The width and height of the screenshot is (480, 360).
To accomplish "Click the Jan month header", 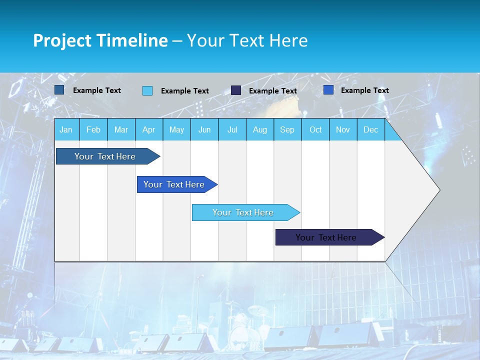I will pyautogui.click(x=66, y=130).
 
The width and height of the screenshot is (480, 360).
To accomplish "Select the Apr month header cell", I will pyautogui.click(x=149, y=130).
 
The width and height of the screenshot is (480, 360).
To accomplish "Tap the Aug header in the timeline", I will pyautogui.click(x=259, y=130).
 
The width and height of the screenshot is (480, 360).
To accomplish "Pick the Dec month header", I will pyautogui.click(x=370, y=130).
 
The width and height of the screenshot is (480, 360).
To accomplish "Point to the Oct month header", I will pyautogui.click(x=315, y=130).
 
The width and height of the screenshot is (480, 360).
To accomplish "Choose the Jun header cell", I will pyautogui.click(x=204, y=130).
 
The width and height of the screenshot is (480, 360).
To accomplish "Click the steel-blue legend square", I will pyautogui.click(x=59, y=90).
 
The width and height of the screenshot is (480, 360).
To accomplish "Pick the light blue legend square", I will pyautogui.click(x=147, y=90).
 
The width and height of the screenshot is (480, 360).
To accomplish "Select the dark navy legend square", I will pyautogui.click(x=236, y=90).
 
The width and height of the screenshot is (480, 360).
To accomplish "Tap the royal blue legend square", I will pyautogui.click(x=328, y=90).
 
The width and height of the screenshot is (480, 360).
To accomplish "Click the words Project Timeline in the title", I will pyautogui.click(x=100, y=40).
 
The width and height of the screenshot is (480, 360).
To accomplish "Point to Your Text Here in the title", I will pyautogui.click(x=247, y=40).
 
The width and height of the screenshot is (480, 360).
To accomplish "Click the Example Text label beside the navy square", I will pyautogui.click(x=273, y=91).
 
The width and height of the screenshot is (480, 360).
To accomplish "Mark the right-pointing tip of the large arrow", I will pyautogui.click(x=438, y=189).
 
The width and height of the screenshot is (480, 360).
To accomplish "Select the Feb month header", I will pyautogui.click(x=93, y=130).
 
